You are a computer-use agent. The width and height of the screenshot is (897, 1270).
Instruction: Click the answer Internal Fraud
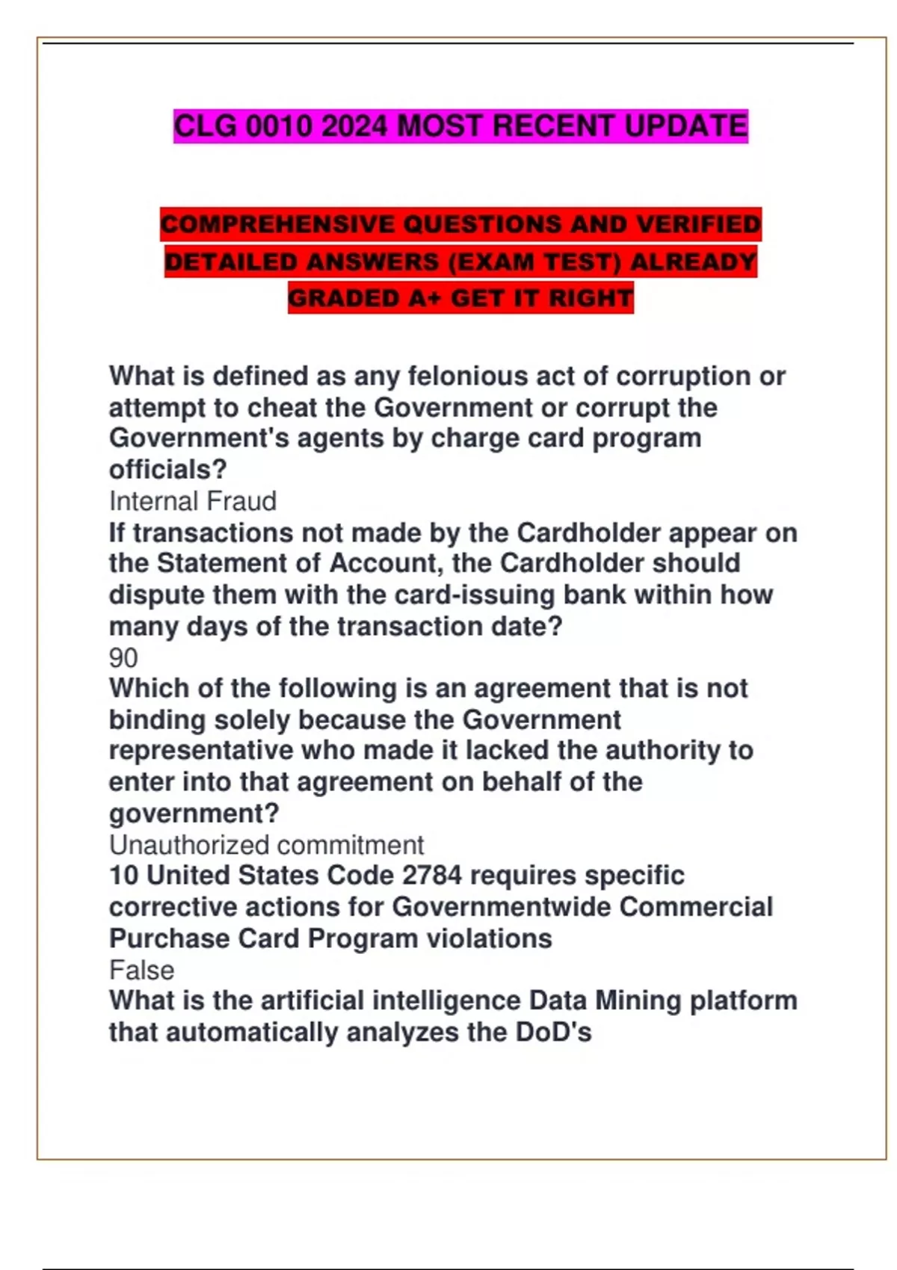pyautogui.click(x=193, y=501)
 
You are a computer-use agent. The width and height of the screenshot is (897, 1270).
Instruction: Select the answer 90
pyautogui.click(x=123, y=657)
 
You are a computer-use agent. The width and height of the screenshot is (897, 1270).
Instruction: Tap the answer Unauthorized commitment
pyautogui.click(x=266, y=845)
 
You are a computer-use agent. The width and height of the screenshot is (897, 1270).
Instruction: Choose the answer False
pyautogui.click(x=141, y=970)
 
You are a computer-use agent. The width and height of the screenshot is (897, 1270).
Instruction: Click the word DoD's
pyautogui.click(x=553, y=1032)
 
